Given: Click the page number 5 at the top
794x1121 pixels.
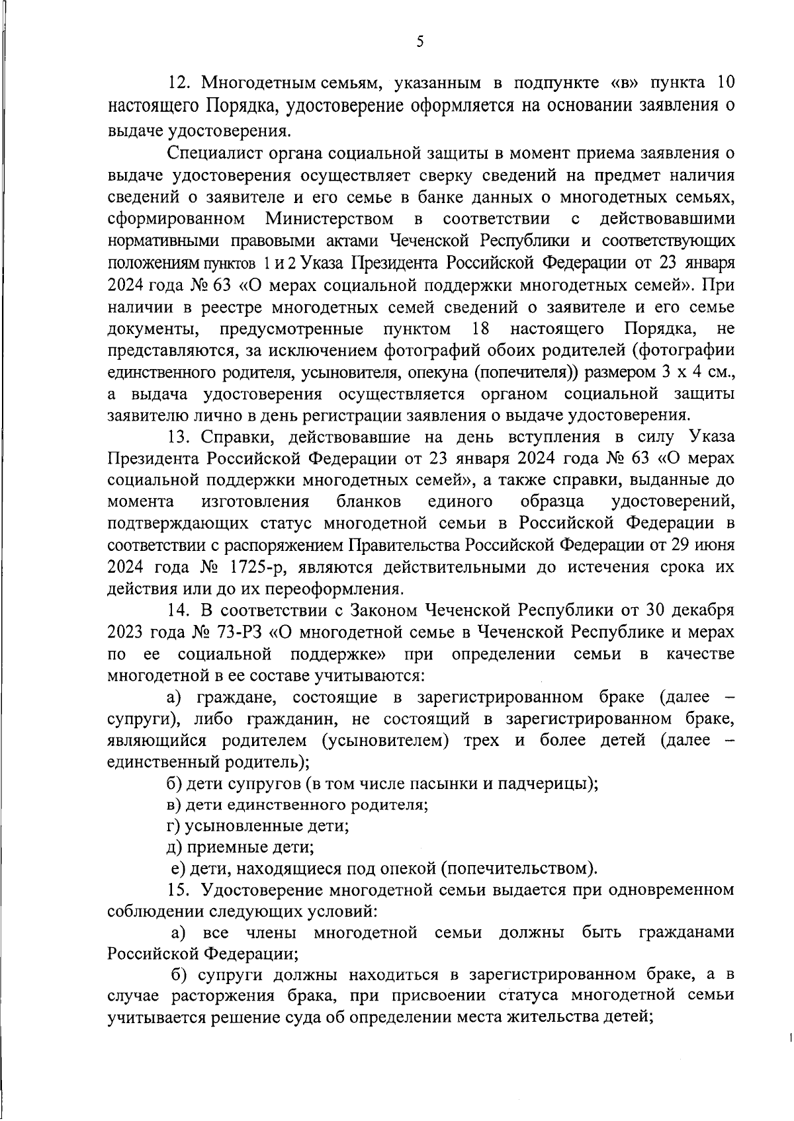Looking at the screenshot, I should (419, 42).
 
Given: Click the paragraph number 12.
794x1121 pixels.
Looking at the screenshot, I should (180, 84).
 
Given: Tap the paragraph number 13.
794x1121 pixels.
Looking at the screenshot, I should (180, 437).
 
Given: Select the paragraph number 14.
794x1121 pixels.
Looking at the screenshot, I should (180, 610).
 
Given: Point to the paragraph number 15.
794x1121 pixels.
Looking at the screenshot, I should (180, 890).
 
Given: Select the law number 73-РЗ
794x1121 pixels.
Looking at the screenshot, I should (240, 632).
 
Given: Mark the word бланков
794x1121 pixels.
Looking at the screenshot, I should (368, 502).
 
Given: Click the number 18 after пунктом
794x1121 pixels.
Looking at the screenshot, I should (480, 329).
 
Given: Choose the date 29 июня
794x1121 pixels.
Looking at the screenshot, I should (705, 546).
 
